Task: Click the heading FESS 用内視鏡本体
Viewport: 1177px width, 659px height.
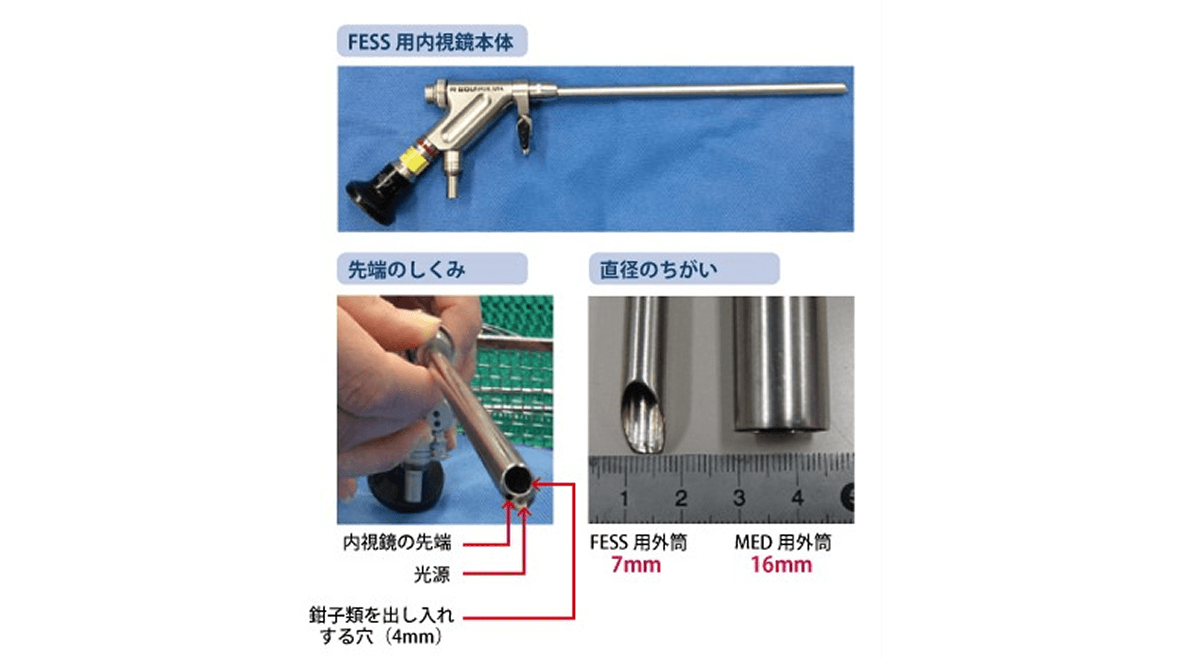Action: pos(430,42)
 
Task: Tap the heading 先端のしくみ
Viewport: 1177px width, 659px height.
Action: pos(406,270)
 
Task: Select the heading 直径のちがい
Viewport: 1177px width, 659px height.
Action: pos(658,270)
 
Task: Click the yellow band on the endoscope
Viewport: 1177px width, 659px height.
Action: pos(412,162)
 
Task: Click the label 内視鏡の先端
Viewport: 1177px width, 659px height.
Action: pos(397,543)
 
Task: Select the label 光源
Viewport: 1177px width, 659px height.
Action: pos(431,575)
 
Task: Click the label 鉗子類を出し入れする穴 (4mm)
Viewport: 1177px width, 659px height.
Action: pos(381,626)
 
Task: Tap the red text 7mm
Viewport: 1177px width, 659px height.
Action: pos(635,565)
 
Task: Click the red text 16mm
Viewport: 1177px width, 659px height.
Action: pos(781,565)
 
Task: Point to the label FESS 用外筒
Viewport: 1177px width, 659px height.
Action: pos(638,543)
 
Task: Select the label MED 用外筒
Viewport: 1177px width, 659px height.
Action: pos(783,543)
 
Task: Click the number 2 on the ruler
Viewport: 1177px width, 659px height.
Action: pos(681,498)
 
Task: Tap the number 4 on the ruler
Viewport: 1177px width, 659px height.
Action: pos(797,498)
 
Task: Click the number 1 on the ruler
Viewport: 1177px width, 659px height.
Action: pos(624,498)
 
